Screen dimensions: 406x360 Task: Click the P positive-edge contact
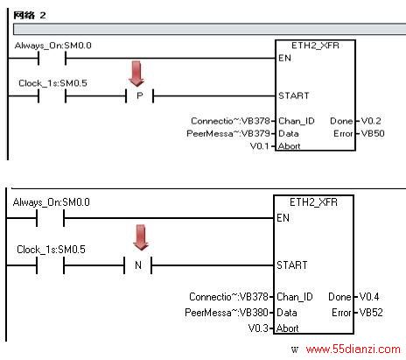[140, 95]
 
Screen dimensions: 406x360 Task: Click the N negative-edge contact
[138, 265]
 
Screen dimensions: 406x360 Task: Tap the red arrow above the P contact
[136, 74]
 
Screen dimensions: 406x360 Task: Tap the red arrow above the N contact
[141, 237]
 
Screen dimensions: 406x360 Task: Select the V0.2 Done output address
[371, 121]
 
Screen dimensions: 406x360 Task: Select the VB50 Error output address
[373, 133]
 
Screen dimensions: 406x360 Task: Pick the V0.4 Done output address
[369, 297]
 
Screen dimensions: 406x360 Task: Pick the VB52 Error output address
[371, 313]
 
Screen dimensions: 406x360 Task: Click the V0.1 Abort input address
[260, 145]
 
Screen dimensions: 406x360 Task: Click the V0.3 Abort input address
[258, 328]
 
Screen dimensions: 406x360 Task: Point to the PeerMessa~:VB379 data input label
[228, 133]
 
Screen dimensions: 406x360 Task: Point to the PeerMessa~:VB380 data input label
[227, 313]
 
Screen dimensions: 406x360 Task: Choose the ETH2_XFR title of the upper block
[315, 46]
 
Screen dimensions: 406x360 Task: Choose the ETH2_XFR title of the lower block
[313, 202]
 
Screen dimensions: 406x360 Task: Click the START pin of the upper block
[294, 95]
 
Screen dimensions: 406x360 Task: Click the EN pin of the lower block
[283, 218]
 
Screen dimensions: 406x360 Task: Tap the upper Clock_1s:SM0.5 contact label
[52, 83]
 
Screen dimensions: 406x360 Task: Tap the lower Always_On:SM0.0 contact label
[52, 202]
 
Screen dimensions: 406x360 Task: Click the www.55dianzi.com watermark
[353, 349]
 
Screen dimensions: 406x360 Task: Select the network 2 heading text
[30, 15]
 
